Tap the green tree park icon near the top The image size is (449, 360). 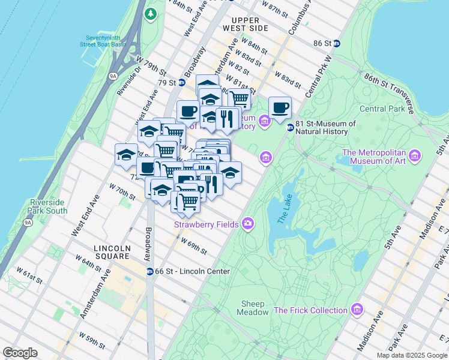(x=151, y=13)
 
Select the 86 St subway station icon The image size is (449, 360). (x=337, y=43)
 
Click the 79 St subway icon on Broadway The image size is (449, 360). (x=181, y=82)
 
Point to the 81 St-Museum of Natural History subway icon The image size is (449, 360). (x=290, y=127)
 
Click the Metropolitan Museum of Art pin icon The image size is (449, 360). (x=415, y=156)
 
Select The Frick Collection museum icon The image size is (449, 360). (x=357, y=310)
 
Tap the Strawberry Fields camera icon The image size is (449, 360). (x=247, y=224)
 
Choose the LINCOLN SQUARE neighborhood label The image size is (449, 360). (x=112, y=252)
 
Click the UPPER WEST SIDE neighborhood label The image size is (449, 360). (x=245, y=24)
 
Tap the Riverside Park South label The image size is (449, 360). (x=48, y=206)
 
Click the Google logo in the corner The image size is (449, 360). (x=20, y=353)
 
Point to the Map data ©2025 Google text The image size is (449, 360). (x=411, y=355)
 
